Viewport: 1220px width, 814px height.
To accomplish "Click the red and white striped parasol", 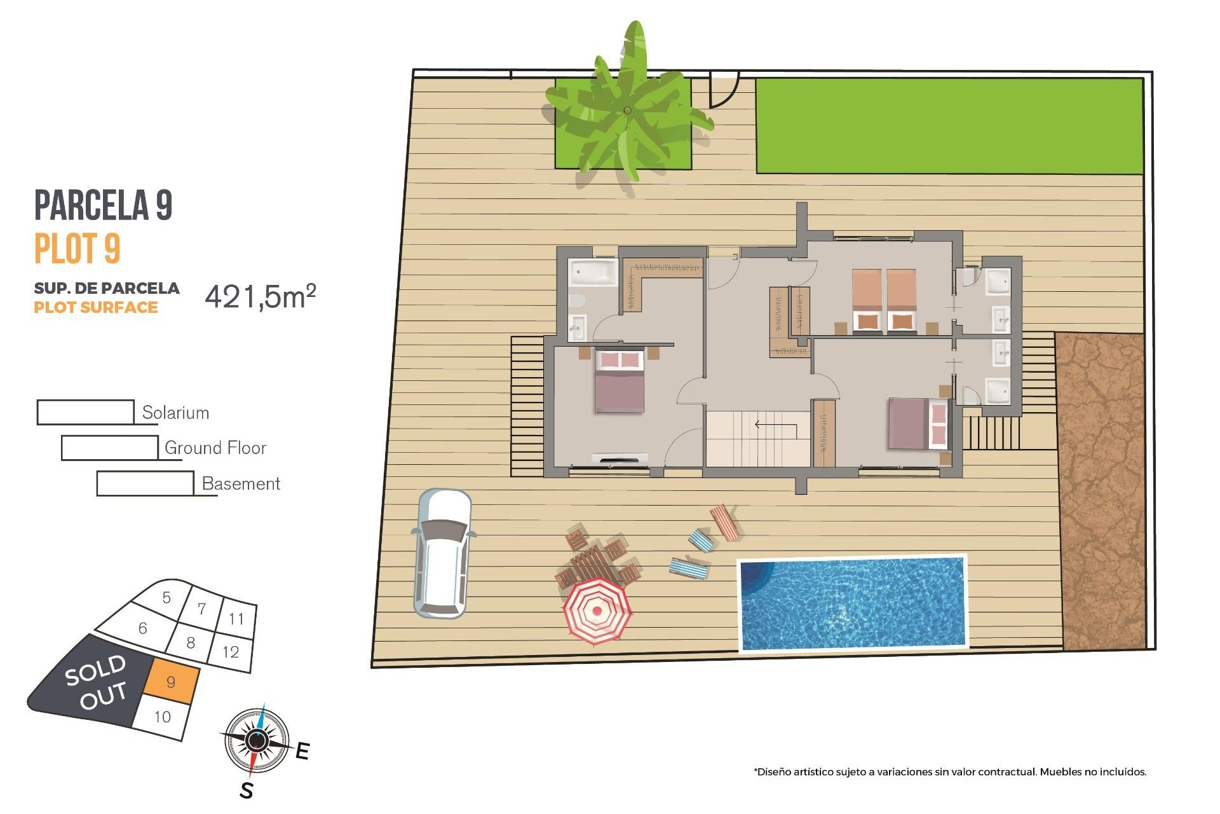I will pyautogui.click(x=597, y=611).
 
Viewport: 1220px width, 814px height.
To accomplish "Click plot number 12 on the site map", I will pyautogui.click(x=231, y=651).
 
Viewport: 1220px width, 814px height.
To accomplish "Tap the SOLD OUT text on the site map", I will pyautogui.click(x=96, y=681).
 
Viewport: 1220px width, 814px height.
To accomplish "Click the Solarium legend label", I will pyautogui.click(x=175, y=413).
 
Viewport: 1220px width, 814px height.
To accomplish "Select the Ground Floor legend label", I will pyautogui.click(x=215, y=448).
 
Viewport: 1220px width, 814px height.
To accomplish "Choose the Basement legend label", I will pyautogui.click(x=241, y=483).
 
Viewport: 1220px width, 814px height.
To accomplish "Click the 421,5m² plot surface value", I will pyautogui.click(x=260, y=296).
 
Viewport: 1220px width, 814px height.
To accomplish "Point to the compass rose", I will pyautogui.click(x=257, y=740).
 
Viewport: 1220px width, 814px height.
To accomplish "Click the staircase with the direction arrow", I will pyautogui.click(x=757, y=438).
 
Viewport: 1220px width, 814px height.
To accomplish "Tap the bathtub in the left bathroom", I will pyautogui.click(x=593, y=273).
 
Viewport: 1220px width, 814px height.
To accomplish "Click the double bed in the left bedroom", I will pyautogui.click(x=620, y=381).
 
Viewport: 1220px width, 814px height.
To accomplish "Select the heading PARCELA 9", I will pyautogui.click(x=103, y=205).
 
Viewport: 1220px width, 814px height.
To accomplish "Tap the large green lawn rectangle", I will pyautogui.click(x=949, y=126).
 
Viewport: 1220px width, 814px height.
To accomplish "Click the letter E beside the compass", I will pyautogui.click(x=302, y=751).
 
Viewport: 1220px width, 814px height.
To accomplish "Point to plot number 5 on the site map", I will pyautogui.click(x=166, y=597).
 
